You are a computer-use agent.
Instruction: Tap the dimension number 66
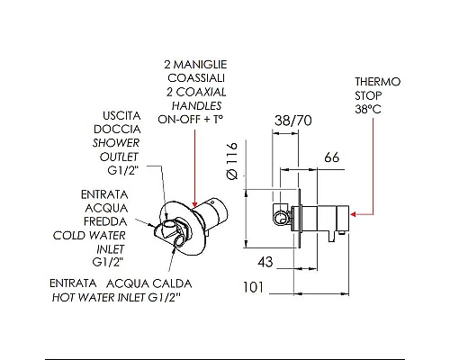330,158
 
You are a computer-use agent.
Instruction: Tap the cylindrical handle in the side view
319,217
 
